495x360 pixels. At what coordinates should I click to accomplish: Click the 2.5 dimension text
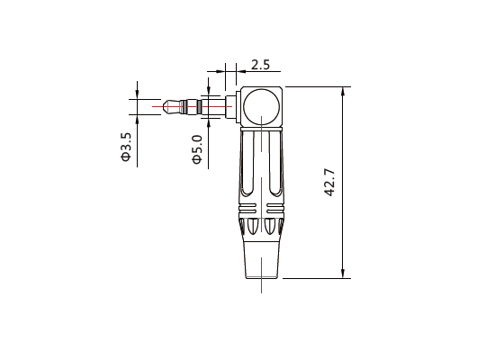(x=260, y=65)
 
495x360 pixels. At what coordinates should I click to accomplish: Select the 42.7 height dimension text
(x=329, y=183)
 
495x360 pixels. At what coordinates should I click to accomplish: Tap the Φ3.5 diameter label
(x=126, y=147)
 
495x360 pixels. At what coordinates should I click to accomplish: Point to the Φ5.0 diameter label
(x=197, y=147)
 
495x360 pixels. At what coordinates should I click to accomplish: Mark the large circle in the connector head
(x=261, y=106)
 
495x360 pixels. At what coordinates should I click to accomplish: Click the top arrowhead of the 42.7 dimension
(x=345, y=91)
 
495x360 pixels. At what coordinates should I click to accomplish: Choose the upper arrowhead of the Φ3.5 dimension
(x=137, y=94)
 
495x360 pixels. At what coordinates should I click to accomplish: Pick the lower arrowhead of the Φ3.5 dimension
(x=137, y=121)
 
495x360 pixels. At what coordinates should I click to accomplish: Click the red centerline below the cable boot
(x=261, y=285)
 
